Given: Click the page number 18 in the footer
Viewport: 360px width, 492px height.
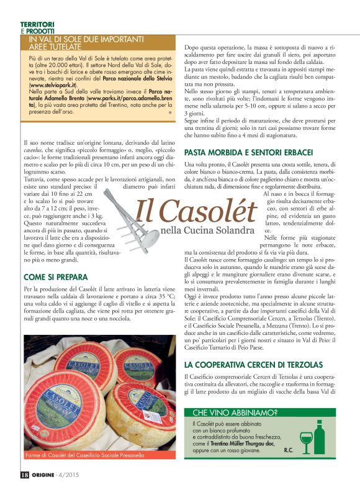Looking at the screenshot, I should click(24, 475).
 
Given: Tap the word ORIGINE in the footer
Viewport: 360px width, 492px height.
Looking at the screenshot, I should click(48, 475).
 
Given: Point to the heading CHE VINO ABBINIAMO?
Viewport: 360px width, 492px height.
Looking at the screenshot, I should click(235, 412).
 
